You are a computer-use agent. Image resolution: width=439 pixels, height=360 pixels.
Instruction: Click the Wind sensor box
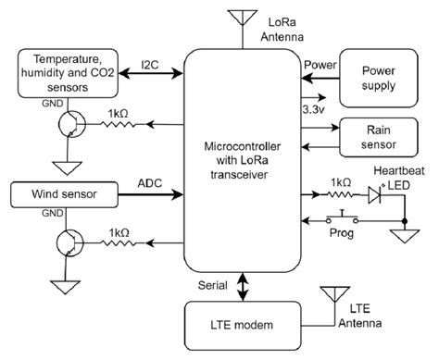tap(60, 195)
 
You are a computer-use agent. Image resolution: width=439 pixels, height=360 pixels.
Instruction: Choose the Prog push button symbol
tap(345, 219)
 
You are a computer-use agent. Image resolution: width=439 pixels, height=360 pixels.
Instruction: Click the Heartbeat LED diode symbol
tap(375, 195)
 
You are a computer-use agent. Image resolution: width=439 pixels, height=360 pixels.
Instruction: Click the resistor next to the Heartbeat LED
tap(342, 195)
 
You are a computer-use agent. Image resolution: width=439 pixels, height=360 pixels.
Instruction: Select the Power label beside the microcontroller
tap(320, 64)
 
